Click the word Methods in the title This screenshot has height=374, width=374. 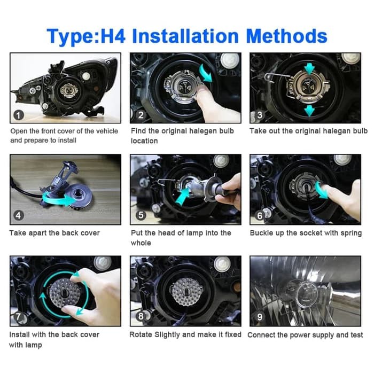(x=286, y=36)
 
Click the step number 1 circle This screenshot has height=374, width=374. (x=19, y=115)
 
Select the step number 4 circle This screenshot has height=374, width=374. (x=19, y=216)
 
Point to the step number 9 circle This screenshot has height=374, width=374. (x=260, y=317)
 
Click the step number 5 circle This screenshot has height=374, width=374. (x=141, y=215)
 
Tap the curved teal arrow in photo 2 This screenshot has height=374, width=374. (x=206, y=73)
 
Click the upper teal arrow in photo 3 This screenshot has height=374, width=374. (x=309, y=69)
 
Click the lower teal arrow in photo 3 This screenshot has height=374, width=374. (x=309, y=111)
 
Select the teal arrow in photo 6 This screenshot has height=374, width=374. (x=321, y=190)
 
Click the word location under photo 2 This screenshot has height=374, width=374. (x=144, y=141)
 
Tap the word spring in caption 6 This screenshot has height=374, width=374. (x=351, y=233)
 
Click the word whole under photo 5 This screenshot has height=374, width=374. (x=141, y=243)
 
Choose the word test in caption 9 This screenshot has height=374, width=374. (x=356, y=335)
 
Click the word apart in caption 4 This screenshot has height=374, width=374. (x=37, y=233)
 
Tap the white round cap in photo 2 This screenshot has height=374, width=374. (x=229, y=60)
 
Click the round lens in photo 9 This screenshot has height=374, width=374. (x=307, y=294)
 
